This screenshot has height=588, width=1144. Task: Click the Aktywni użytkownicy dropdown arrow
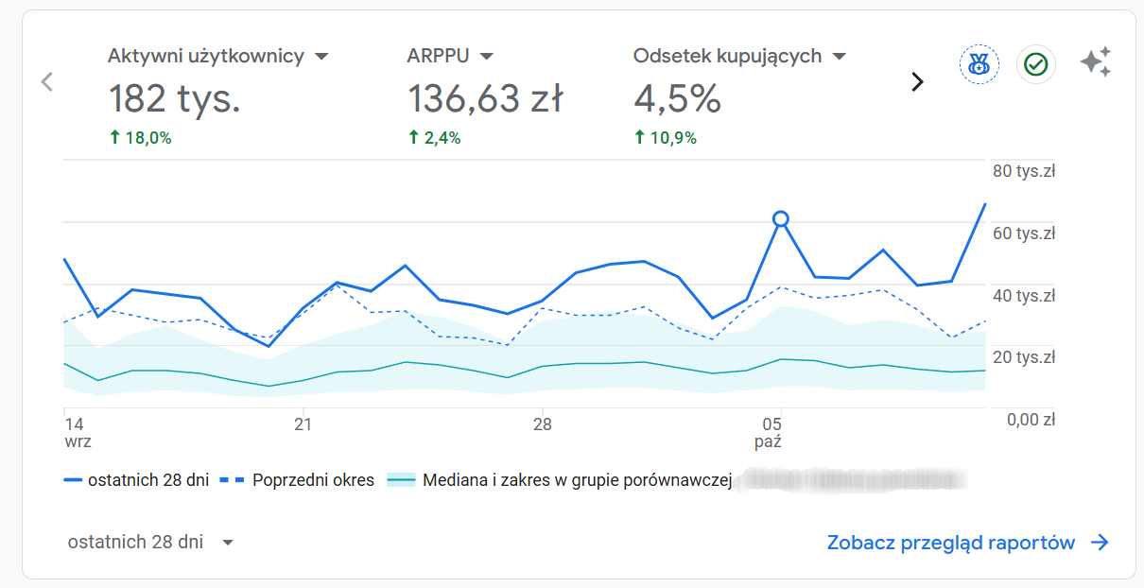(x=321, y=57)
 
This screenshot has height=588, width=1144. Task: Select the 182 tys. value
(x=174, y=98)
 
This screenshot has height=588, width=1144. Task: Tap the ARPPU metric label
(x=438, y=56)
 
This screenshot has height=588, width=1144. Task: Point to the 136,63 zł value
(x=485, y=98)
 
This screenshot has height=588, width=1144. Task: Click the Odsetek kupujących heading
(x=727, y=56)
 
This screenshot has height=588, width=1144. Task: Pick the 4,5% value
(x=677, y=98)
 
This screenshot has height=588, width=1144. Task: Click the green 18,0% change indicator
(x=141, y=138)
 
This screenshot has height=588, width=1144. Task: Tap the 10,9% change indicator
(x=666, y=138)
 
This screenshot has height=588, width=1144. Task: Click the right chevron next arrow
(x=916, y=82)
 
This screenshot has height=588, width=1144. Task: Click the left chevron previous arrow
(x=47, y=82)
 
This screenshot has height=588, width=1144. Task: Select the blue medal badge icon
(x=979, y=64)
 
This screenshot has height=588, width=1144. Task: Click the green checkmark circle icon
(x=1036, y=64)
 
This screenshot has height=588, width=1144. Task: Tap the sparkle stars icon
(x=1096, y=62)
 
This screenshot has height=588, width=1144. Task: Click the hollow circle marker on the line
(x=780, y=218)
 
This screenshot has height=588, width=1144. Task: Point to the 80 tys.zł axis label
(x=1023, y=171)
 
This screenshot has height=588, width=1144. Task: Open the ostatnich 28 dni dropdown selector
(x=150, y=543)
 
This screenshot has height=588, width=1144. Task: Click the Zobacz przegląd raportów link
(x=966, y=543)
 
